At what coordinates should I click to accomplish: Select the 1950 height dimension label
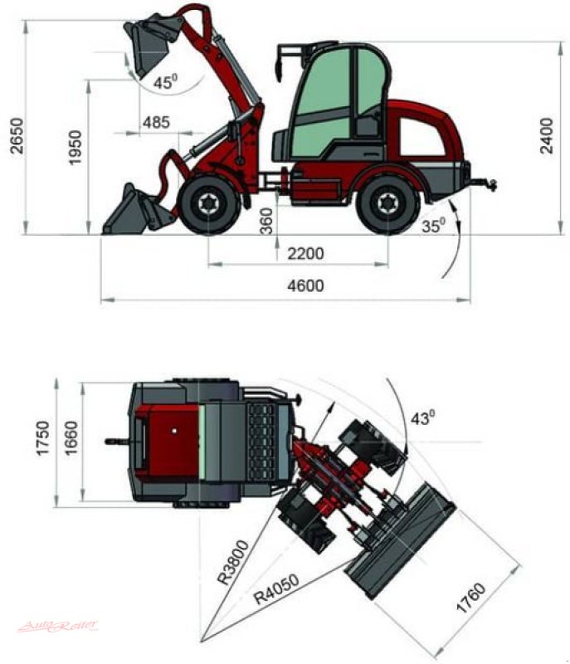pyautogui.click(x=76, y=147)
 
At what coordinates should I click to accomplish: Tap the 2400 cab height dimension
pyautogui.click(x=546, y=136)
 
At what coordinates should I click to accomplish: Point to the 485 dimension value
pyautogui.click(x=156, y=122)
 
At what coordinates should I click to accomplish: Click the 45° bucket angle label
pyautogui.click(x=166, y=82)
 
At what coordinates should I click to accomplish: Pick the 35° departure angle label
pyautogui.click(x=432, y=224)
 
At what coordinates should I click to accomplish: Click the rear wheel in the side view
pyautogui.click(x=386, y=204)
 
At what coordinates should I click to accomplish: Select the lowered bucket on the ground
pyautogui.click(x=133, y=212)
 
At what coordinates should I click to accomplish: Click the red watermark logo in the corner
pyautogui.click(x=58, y=624)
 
